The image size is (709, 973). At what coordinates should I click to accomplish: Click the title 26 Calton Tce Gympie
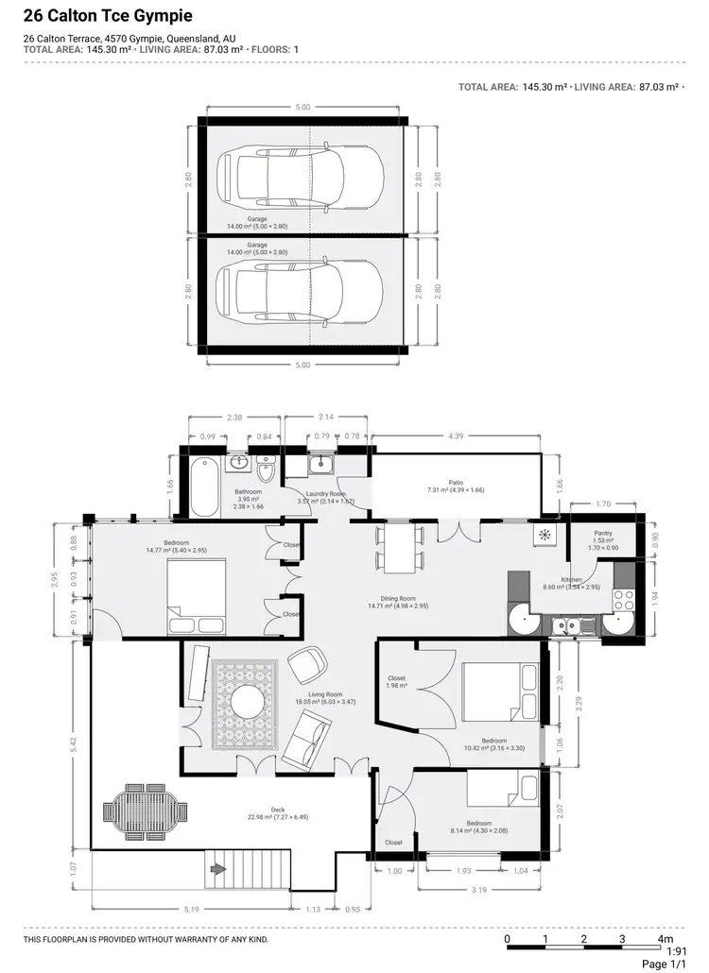click(x=107, y=16)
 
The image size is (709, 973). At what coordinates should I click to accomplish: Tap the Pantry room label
click(x=603, y=534)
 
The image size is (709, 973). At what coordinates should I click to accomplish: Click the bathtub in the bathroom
click(x=203, y=486)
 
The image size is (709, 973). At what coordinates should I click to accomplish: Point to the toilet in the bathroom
click(x=266, y=469)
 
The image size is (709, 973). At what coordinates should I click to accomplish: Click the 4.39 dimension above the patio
click(x=457, y=435)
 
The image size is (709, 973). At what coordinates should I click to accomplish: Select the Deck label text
click(x=278, y=810)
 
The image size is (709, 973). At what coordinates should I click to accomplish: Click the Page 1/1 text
click(x=666, y=964)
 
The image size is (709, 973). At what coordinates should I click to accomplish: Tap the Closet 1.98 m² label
click(x=397, y=682)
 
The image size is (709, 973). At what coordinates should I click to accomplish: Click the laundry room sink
click(x=322, y=464)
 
